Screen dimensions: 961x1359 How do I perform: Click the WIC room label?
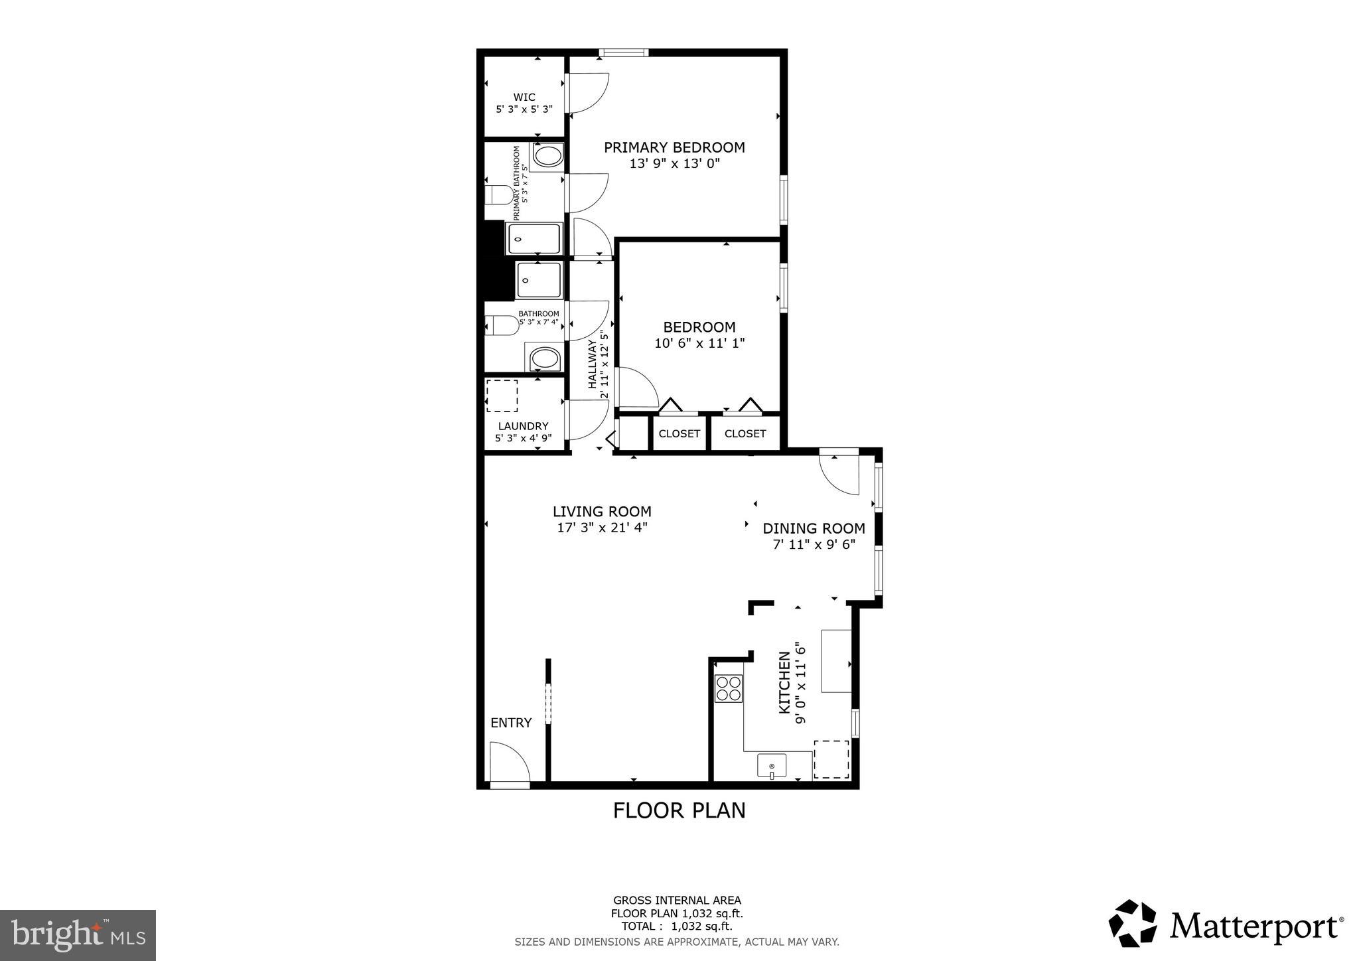(524, 97)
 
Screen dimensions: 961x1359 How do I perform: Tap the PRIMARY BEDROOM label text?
(674, 147)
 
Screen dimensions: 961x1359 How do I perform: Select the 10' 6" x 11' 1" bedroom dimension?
(699, 343)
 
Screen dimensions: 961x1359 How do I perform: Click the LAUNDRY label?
(523, 426)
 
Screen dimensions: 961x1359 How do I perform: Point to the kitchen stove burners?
(728, 688)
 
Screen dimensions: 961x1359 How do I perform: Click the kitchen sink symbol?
(772, 766)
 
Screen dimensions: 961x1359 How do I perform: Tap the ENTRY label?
(511, 723)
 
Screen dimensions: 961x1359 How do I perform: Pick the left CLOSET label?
(679, 433)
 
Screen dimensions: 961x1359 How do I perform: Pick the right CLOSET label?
(745, 433)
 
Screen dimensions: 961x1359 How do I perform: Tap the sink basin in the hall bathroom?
(546, 360)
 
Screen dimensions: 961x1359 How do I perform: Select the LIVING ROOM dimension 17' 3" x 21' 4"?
(602, 528)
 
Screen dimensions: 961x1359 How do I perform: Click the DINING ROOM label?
(814, 528)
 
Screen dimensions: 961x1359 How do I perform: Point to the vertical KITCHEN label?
(784, 683)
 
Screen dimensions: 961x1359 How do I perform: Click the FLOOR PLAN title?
(679, 810)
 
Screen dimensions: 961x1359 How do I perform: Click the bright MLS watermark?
(78, 935)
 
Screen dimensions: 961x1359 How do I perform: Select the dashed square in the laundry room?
(502, 396)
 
